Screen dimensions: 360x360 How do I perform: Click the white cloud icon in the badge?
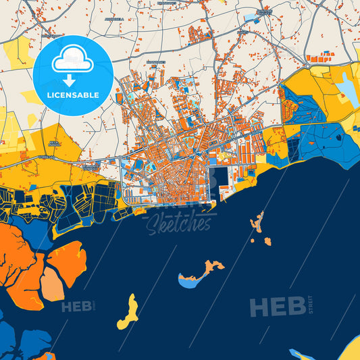72,59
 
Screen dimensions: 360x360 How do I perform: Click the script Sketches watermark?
179,222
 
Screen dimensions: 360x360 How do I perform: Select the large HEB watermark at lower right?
277,307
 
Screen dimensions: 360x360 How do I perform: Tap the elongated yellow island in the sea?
127,312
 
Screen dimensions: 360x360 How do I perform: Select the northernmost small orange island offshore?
257,221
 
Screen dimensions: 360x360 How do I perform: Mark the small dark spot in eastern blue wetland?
337,136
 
